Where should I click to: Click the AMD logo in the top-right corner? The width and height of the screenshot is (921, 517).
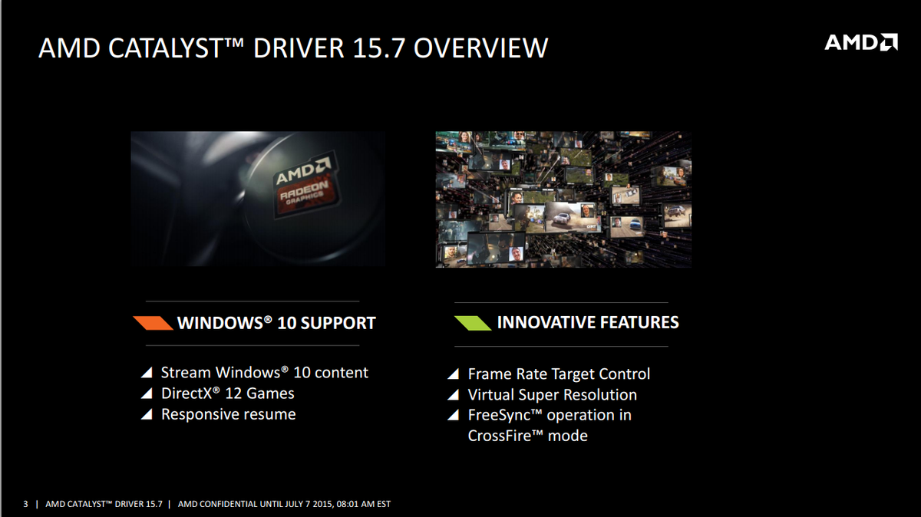click(x=860, y=42)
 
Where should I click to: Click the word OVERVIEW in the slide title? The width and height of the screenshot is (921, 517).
click(x=481, y=48)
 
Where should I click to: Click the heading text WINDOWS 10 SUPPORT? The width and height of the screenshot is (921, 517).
click(x=276, y=323)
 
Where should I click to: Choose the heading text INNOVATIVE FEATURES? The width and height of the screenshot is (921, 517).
click(x=588, y=322)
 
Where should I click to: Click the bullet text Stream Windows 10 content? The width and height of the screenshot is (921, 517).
click(x=264, y=373)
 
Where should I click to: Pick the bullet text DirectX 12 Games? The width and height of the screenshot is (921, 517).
click(x=227, y=394)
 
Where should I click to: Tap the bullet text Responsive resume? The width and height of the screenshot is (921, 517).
click(x=228, y=414)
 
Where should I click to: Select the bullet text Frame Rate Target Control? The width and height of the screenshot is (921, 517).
click(x=559, y=374)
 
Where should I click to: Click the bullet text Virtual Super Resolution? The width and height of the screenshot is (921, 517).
click(x=552, y=395)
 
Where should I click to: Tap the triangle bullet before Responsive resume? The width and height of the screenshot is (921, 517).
click(x=147, y=415)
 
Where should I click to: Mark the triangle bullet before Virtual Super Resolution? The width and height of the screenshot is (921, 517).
click(x=454, y=396)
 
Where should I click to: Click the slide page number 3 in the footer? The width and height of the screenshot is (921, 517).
click(x=25, y=504)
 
